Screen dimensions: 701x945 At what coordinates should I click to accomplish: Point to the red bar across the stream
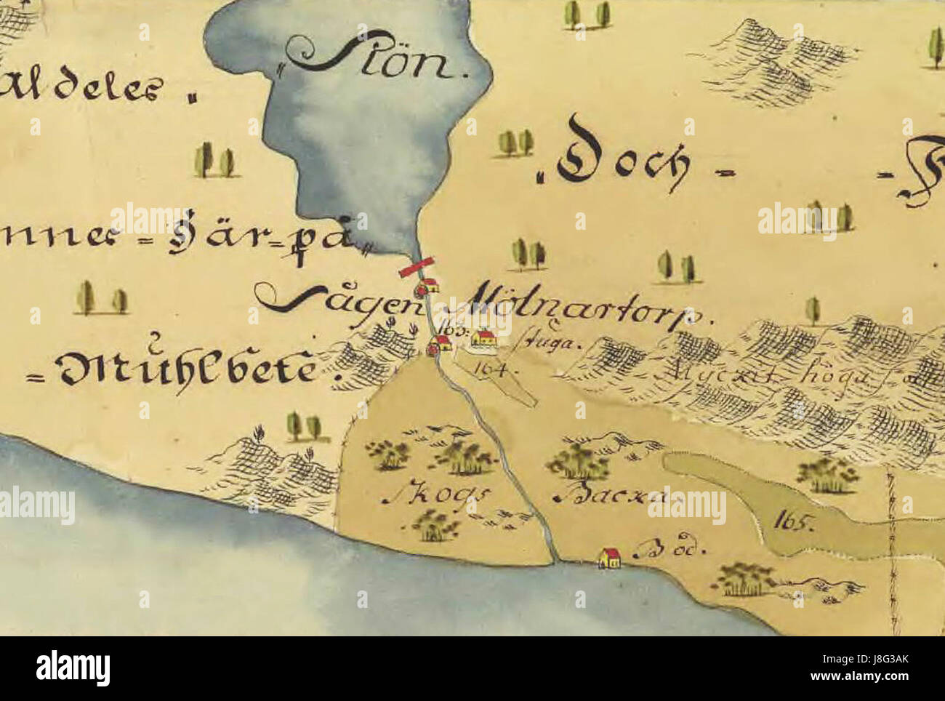pos(417,267)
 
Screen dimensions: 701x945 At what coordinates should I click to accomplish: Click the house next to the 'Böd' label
pos(608,558)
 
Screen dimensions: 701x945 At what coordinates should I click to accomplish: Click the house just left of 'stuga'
pos(484,337)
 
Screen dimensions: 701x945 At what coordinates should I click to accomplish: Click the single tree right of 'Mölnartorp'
pos(812,311)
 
